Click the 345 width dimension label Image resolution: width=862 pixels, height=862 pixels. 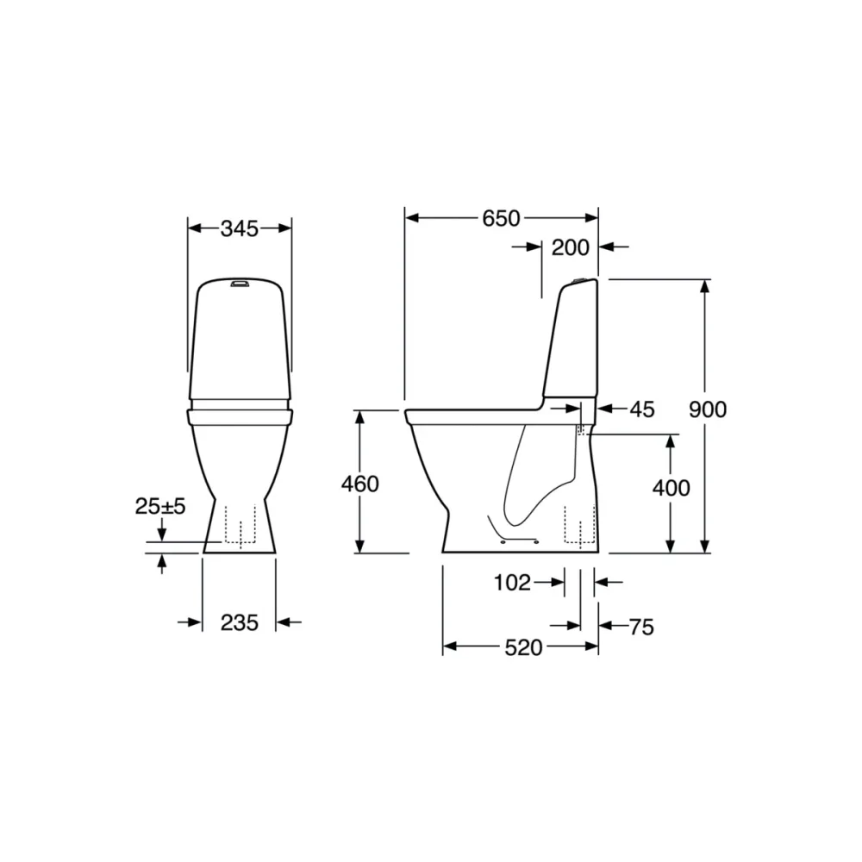(x=239, y=228)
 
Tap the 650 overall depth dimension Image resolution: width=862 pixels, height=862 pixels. (x=501, y=218)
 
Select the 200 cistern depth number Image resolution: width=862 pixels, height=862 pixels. (x=570, y=247)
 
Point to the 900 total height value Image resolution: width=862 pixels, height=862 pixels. (x=708, y=409)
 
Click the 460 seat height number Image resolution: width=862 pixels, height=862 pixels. (x=360, y=484)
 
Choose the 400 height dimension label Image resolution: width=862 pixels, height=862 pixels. (x=671, y=488)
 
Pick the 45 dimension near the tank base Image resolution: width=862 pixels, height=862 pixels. (x=642, y=409)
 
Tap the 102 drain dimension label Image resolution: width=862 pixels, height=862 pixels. (x=512, y=582)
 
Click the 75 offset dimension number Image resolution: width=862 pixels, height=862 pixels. (x=641, y=627)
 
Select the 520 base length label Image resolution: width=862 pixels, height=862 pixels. (x=523, y=647)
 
